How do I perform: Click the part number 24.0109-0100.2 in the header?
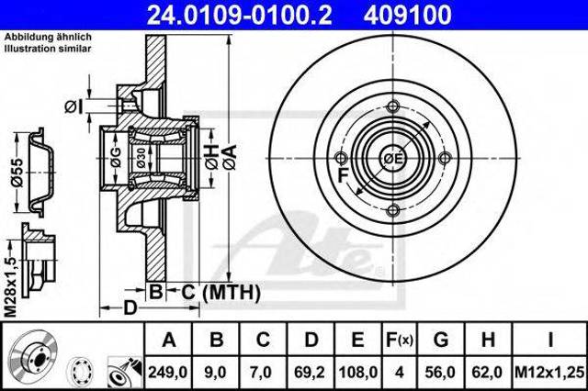click(x=239, y=15)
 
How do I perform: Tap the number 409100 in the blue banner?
click(x=407, y=15)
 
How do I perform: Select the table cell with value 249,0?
click(x=167, y=373)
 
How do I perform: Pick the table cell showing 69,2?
click(x=311, y=373)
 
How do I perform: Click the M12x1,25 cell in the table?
click(x=549, y=373)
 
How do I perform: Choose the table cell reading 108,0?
click(x=357, y=373)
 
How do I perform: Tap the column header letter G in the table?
click(x=441, y=340)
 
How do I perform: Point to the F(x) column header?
click(x=400, y=340)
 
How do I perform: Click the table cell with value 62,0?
click(x=488, y=373)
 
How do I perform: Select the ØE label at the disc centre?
click(x=392, y=159)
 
